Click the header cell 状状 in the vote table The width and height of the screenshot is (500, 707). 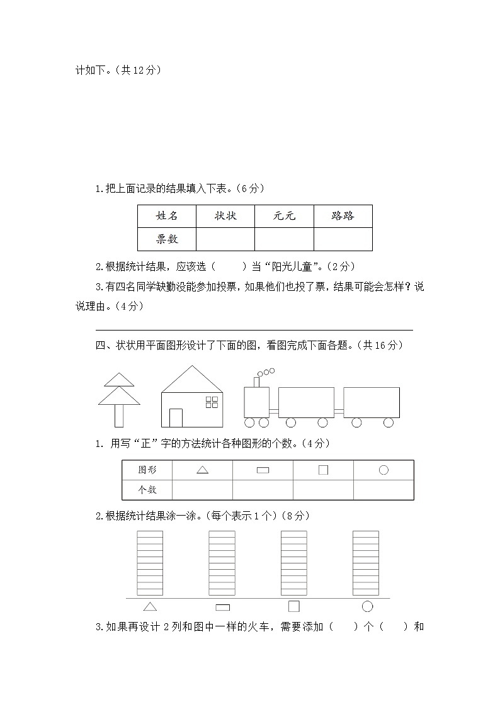click(225, 216)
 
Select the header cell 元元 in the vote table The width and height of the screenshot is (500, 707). click(284, 216)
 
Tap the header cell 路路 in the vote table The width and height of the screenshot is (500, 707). click(343, 216)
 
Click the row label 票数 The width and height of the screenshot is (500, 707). click(167, 239)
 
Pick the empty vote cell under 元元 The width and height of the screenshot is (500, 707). click(284, 239)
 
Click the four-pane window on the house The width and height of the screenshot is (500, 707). click(213, 403)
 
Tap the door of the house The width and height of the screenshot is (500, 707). click(176, 417)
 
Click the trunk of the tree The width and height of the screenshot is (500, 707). click(119, 416)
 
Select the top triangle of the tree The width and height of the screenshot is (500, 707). click(119, 379)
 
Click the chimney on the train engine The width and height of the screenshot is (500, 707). click(257, 382)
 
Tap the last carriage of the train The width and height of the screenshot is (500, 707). click(372, 402)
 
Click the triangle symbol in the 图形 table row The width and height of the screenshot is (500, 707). click(202, 470)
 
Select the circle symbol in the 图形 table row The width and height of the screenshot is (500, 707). click(384, 470)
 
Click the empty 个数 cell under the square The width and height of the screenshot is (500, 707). click(323, 489)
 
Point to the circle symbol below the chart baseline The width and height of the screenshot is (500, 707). click(367, 606)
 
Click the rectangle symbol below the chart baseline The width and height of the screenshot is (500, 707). click(222, 607)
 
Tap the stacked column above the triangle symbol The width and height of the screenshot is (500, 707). click(150, 563)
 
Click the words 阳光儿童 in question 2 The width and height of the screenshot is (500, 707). click(294, 266)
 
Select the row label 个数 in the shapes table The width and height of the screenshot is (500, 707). click(147, 489)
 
